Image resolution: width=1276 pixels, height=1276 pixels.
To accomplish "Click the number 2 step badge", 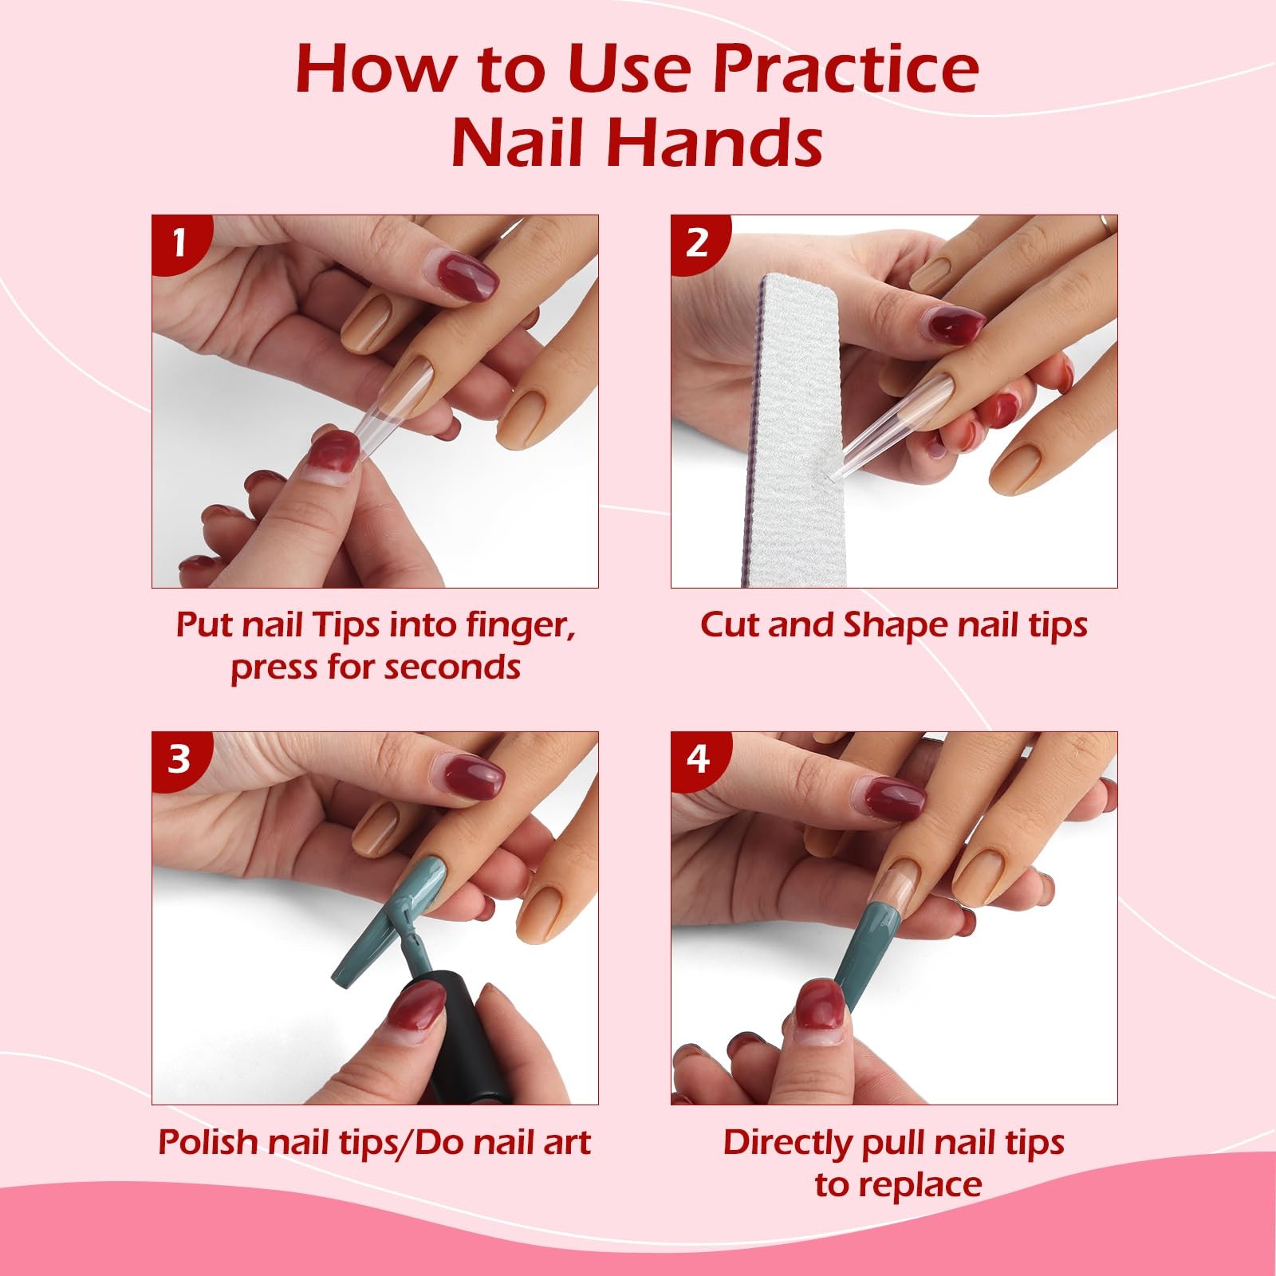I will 697,242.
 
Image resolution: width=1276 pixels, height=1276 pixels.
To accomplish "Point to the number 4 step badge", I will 697,758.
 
